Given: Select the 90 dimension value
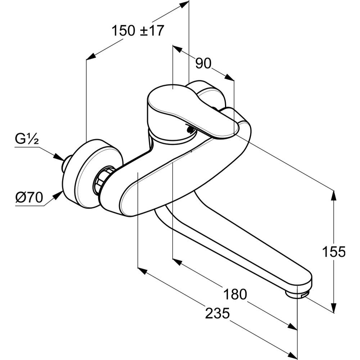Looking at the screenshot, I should (x=203, y=64).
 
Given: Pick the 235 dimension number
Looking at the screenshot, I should (x=217, y=314).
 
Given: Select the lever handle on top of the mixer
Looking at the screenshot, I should (x=187, y=108).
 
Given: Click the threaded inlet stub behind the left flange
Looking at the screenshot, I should (x=65, y=164).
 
